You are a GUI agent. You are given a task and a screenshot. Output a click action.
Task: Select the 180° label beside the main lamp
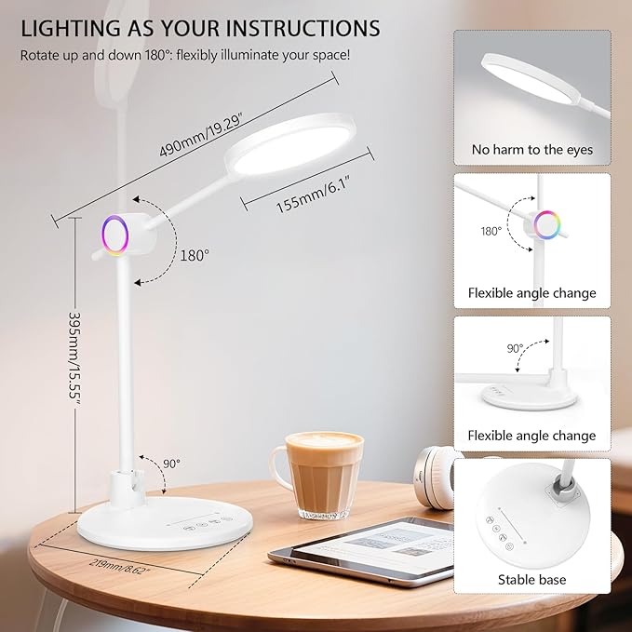click(195, 253)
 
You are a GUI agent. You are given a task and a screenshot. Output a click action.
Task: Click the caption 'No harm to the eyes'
click(531, 150)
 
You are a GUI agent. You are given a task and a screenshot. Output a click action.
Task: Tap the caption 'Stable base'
click(531, 580)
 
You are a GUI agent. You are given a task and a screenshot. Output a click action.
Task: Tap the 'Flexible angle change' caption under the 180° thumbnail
click(531, 293)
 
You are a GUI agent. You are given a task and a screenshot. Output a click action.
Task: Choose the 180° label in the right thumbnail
click(491, 231)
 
